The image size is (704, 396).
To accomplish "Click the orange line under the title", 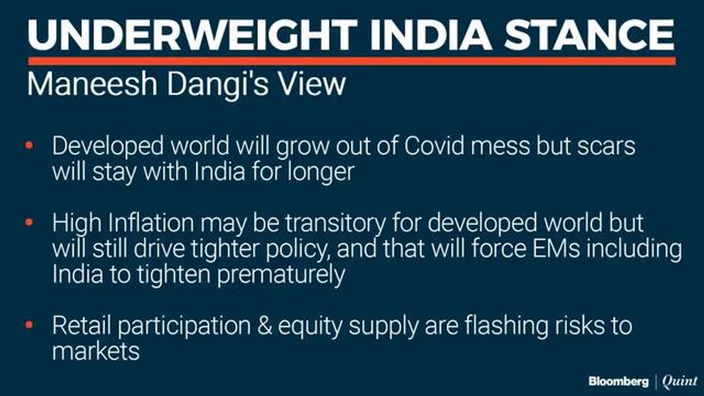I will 352,61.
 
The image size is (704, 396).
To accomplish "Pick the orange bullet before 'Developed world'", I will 29,146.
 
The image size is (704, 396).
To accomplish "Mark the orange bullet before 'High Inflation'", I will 29,223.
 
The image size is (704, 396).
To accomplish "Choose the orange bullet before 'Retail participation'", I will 29,325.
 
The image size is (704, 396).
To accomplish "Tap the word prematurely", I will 281,274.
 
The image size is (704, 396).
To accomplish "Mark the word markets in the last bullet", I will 96,351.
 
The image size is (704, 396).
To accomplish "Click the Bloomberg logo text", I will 618,381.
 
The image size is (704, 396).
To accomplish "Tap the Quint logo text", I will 679,381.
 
